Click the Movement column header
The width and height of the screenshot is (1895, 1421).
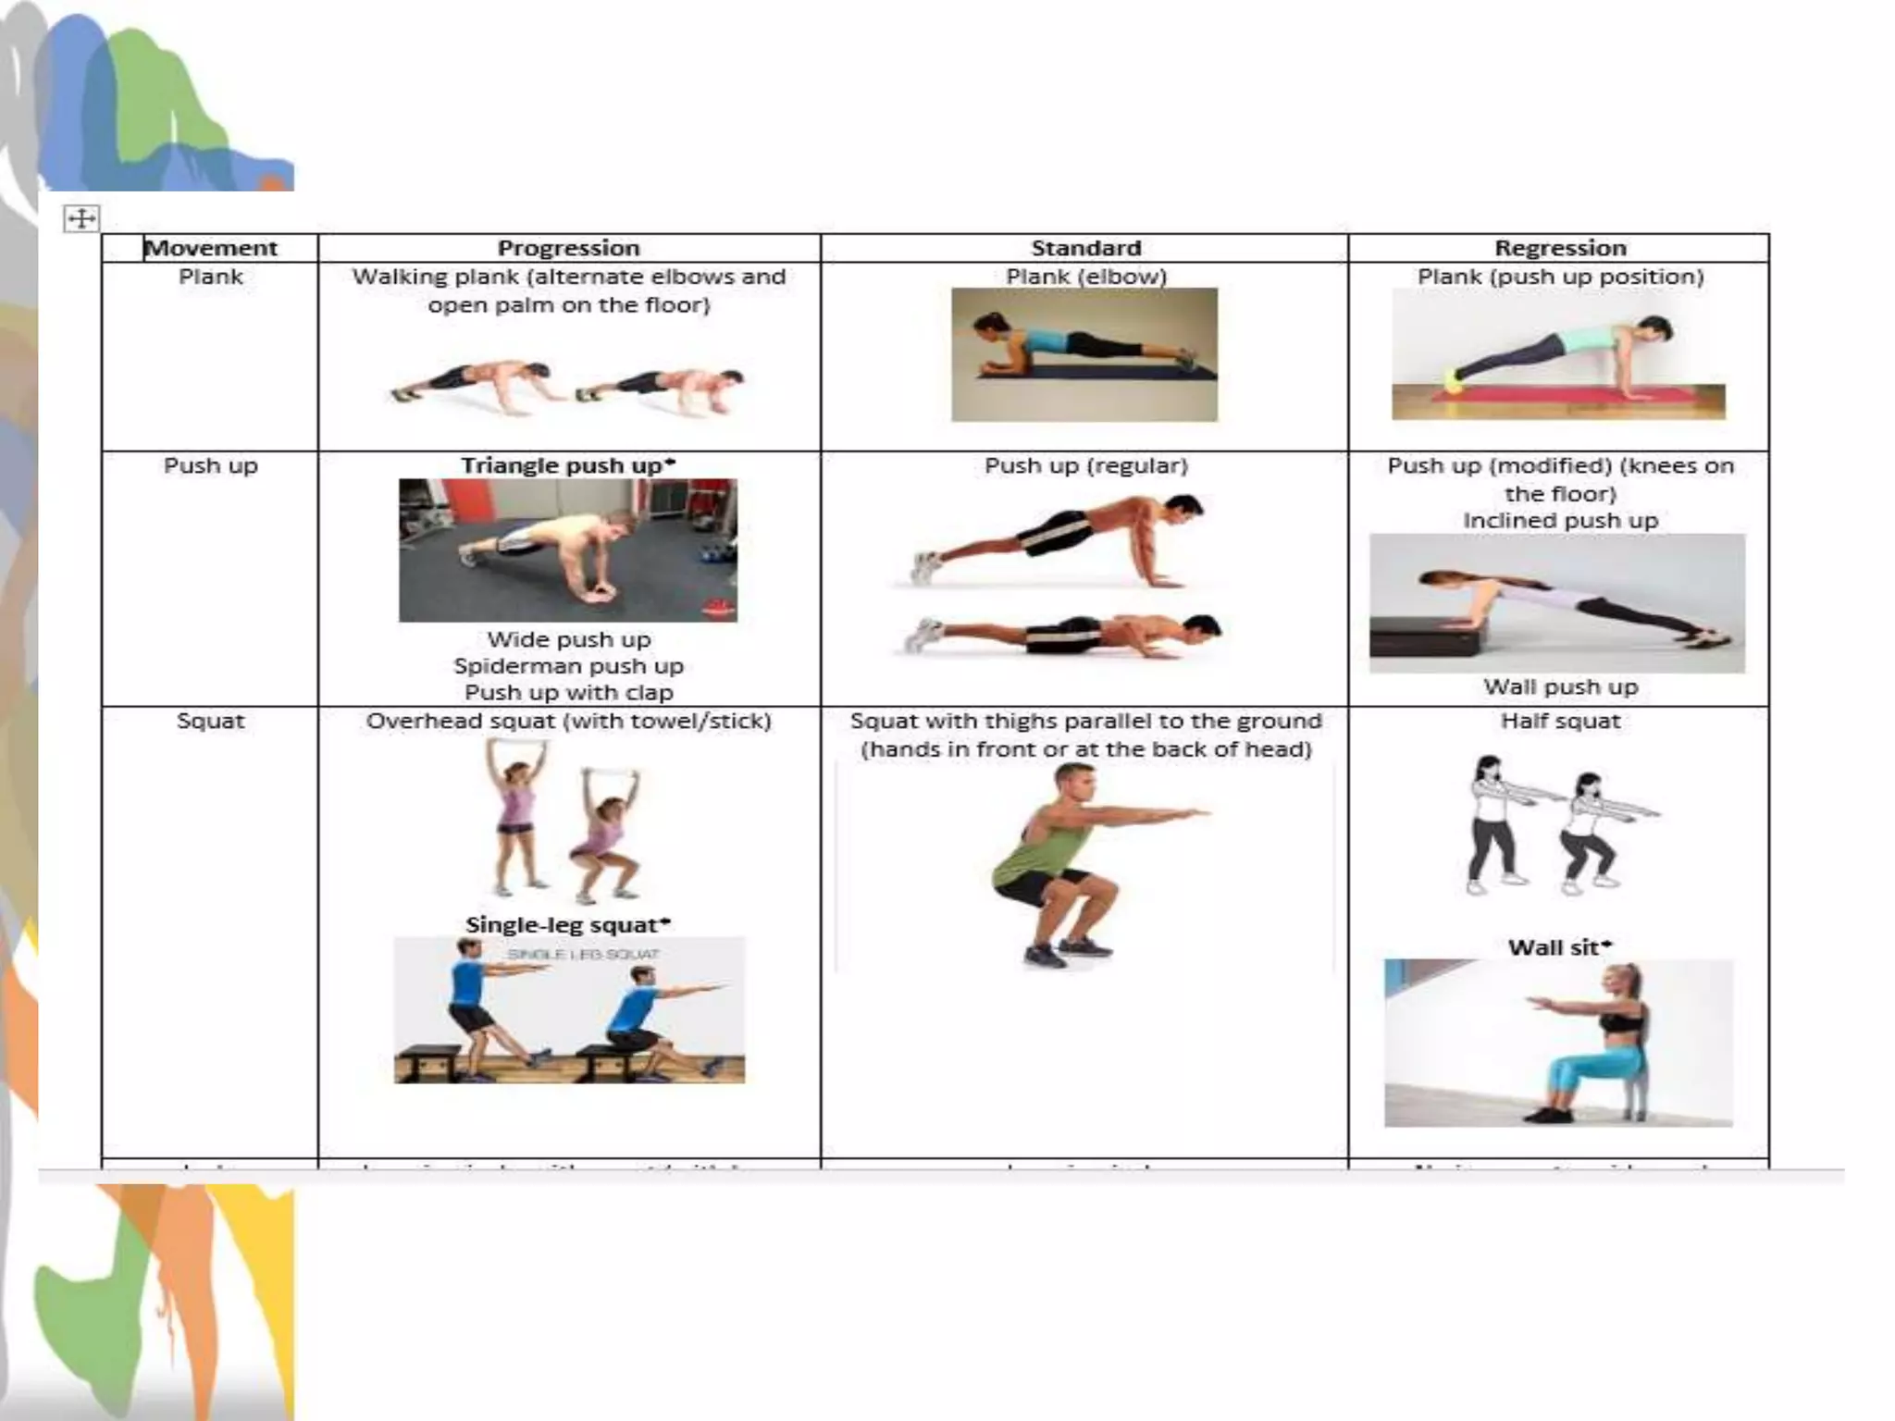click(x=211, y=248)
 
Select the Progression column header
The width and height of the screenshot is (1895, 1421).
click(x=568, y=248)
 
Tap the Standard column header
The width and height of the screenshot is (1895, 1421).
click(x=1085, y=248)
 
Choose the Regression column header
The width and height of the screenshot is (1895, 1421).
click(x=1560, y=248)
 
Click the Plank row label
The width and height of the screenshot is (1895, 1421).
click(x=211, y=277)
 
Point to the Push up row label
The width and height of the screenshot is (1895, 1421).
click(x=211, y=465)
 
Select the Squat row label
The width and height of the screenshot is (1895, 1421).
click(x=211, y=721)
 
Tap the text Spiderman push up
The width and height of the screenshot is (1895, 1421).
click(x=568, y=666)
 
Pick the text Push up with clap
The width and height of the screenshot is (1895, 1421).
click(x=568, y=693)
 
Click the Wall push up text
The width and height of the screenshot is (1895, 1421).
click(x=1560, y=686)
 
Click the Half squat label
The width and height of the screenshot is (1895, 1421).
click(x=1560, y=721)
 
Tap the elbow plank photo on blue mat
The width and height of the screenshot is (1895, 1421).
click(x=1084, y=355)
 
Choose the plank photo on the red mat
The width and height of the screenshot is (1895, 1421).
click(x=1558, y=355)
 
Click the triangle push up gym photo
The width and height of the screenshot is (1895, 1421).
click(x=568, y=550)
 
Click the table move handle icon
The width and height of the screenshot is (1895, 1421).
click(x=81, y=219)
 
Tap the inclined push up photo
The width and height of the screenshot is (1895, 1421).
click(x=1557, y=603)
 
